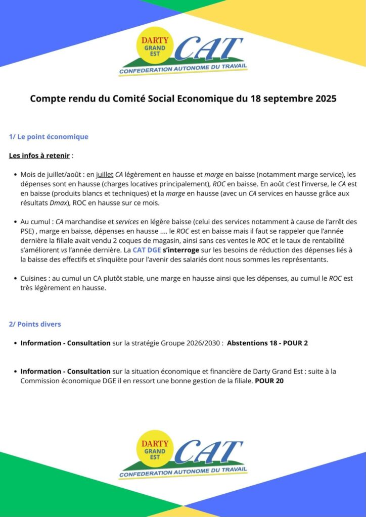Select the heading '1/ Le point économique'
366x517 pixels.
tap(49, 137)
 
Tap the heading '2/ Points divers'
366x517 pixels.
tap(35, 324)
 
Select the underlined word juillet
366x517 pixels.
tap(104, 174)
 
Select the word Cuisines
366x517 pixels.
tap(35, 278)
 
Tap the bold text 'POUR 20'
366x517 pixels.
tap(269, 381)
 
